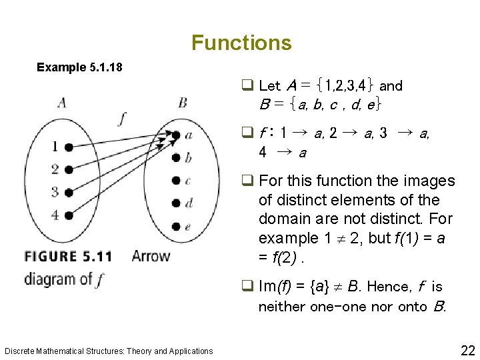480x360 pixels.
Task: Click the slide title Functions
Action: coord(241,43)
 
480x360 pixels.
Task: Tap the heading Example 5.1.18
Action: coord(79,67)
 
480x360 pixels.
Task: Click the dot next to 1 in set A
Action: coord(69,147)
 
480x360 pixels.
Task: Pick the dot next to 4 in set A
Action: coord(69,215)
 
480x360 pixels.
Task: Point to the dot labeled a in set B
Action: coord(176,135)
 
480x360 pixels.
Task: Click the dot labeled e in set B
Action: coord(176,226)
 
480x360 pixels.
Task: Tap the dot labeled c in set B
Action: coord(176,180)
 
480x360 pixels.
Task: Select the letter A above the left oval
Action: coord(62,103)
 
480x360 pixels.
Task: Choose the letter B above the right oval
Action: coord(183,103)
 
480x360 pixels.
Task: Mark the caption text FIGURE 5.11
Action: coord(68,256)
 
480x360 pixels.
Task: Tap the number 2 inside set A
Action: coord(55,169)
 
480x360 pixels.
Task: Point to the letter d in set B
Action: coord(189,203)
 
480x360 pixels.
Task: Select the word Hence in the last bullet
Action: coord(390,287)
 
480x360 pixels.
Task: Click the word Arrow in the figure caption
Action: coord(151,256)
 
